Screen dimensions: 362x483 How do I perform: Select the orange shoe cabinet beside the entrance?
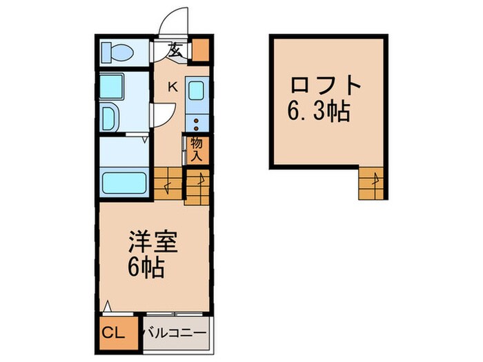pyautogui.click(x=199, y=50)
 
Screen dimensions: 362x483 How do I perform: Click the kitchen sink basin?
pyautogui.click(x=195, y=92)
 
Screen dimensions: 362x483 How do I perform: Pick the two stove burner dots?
pyautogui.click(x=195, y=123)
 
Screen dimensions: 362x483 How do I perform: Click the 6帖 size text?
pyautogui.click(x=146, y=268)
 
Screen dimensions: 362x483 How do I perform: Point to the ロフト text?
pyautogui.click(x=326, y=88)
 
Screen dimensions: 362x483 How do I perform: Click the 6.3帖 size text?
pyautogui.click(x=318, y=110)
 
